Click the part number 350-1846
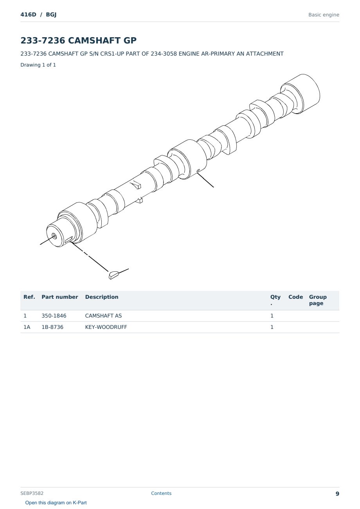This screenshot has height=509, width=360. click(x=54, y=316)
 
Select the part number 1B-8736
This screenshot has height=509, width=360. click(x=52, y=327)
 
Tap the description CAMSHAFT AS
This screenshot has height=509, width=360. click(x=103, y=316)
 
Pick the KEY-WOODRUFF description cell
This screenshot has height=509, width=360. click(x=106, y=327)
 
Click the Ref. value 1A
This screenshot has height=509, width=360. click(x=27, y=327)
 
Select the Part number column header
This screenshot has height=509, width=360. click(x=60, y=297)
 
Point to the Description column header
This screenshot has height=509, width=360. click(x=102, y=297)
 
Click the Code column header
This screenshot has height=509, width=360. click(x=295, y=297)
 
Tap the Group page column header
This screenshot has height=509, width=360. click(x=318, y=300)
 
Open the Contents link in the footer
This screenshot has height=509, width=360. click(x=161, y=493)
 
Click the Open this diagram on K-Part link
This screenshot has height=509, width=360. click(x=56, y=503)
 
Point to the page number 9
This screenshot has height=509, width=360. click(x=337, y=494)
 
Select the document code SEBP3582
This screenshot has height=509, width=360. click(x=32, y=493)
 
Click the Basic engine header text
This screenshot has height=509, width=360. click(x=324, y=15)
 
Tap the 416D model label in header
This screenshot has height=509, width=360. click(x=29, y=14)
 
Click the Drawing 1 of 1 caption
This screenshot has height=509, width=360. click(x=38, y=65)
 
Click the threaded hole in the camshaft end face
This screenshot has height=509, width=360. click(x=54, y=236)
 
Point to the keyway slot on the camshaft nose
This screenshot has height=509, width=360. click(x=69, y=239)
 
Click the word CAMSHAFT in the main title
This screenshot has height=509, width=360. click(x=94, y=40)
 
